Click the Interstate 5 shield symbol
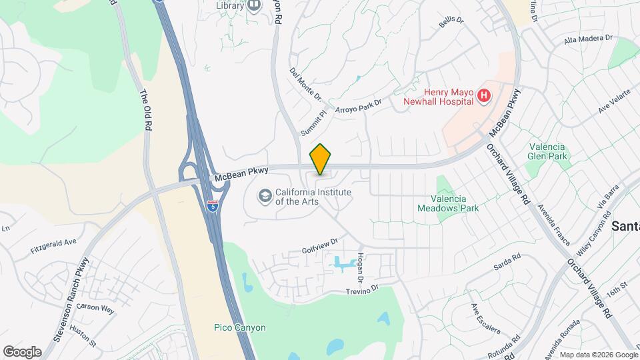(x=212, y=206)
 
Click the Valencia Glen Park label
(x=547, y=151)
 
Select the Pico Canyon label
(x=240, y=327)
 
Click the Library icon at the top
(x=253, y=6)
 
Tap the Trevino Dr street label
(x=361, y=289)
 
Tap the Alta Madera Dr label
(x=587, y=40)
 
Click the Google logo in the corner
(x=22, y=351)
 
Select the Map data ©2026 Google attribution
(x=598, y=355)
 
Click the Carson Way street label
(x=95, y=309)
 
